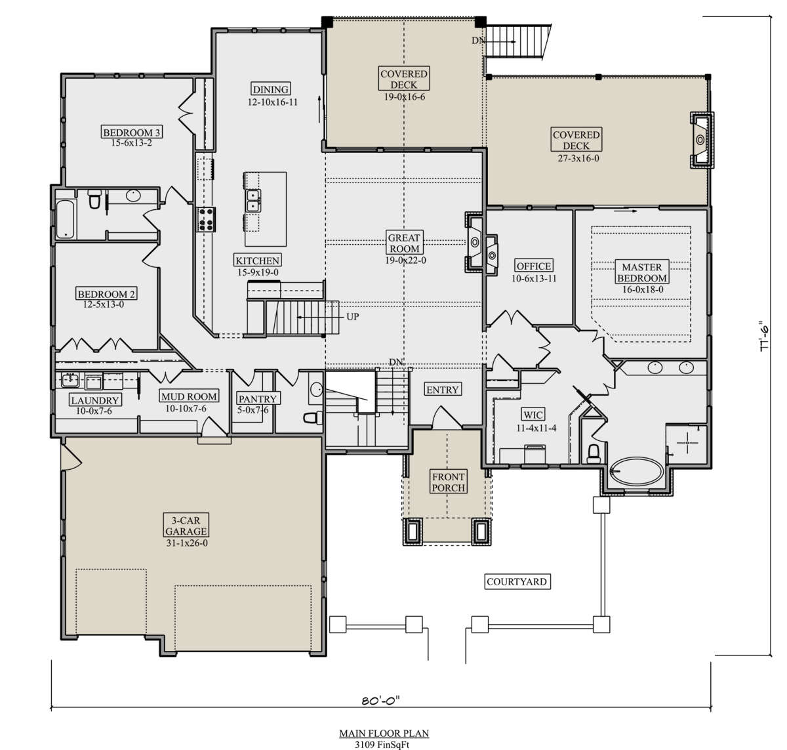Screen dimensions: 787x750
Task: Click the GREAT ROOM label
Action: pyautogui.click(x=404, y=243)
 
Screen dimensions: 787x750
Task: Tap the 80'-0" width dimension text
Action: pyautogui.click(x=380, y=700)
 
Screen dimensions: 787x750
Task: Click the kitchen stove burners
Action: pyautogui.click(x=206, y=220)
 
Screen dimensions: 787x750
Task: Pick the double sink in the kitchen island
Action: pyautogui.click(x=253, y=201)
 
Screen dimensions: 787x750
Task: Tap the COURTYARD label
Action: pyautogui.click(x=517, y=581)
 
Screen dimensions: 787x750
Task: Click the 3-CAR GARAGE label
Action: pyautogui.click(x=186, y=526)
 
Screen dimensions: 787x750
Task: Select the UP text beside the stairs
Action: pyautogui.click(x=352, y=316)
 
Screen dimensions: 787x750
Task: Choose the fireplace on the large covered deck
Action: pyautogui.click(x=701, y=140)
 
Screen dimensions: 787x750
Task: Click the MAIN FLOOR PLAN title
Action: pyautogui.click(x=384, y=733)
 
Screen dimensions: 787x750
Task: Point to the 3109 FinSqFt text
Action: pyautogui.click(x=382, y=744)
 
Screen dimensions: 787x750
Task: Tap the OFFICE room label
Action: pyautogui.click(x=534, y=266)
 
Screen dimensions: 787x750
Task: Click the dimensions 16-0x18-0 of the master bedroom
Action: pyautogui.click(x=643, y=289)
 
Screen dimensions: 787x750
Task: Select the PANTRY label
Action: pyautogui.click(x=258, y=399)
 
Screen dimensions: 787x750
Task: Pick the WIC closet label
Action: pyautogui.click(x=533, y=415)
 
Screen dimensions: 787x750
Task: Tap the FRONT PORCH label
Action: pyautogui.click(x=449, y=482)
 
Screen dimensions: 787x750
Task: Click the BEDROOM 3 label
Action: pyautogui.click(x=132, y=132)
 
